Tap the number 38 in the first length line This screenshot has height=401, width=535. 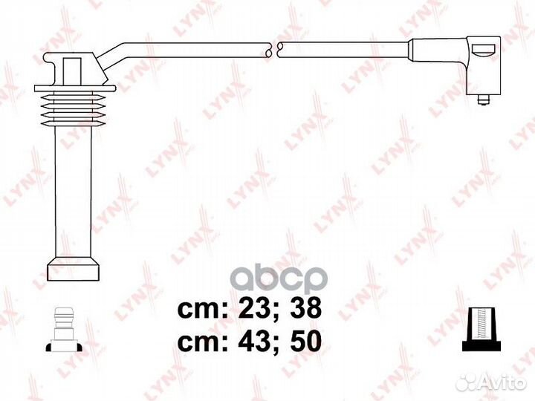click(305, 308)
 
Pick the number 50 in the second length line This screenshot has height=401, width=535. click(305, 342)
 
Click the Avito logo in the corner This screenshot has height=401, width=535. click(492, 382)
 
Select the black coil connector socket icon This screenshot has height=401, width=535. click(481, 329)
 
